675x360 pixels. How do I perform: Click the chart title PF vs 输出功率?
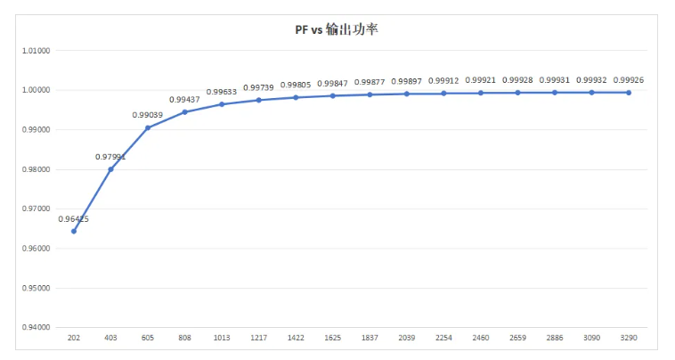337,30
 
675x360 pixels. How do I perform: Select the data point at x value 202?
74,231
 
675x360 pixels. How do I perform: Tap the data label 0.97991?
110,157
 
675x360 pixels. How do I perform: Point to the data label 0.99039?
148,115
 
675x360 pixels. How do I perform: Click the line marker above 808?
184,112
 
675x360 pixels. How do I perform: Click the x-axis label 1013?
222,339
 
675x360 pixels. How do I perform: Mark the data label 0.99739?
258,87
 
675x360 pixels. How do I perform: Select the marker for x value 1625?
333,95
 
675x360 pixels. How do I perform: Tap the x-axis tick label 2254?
443,339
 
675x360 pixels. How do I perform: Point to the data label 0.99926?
629,80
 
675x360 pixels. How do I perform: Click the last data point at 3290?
629,93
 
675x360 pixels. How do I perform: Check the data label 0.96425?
74,218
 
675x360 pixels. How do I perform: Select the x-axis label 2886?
555,339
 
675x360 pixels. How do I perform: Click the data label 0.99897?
406,81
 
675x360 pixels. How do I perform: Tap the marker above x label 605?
148,127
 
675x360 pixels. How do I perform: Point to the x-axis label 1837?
370,339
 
